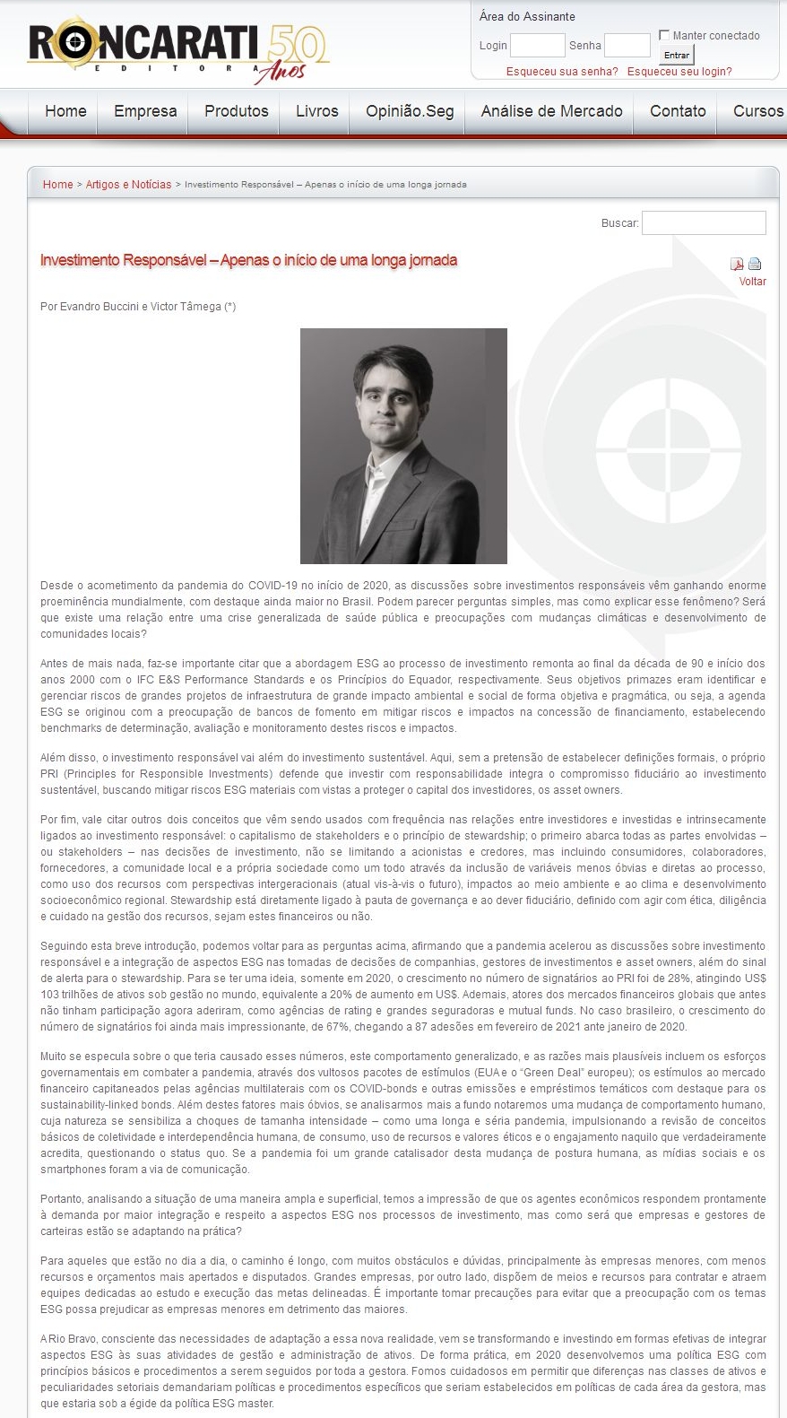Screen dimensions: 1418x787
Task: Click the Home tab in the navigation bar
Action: click(65, 111)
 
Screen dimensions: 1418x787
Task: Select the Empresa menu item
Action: click(145, 111)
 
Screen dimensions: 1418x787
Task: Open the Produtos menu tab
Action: click(237, 111)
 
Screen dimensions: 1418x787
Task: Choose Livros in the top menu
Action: click(317, 111)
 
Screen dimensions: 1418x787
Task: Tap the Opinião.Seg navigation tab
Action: click(410, 111)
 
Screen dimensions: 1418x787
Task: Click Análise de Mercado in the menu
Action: click(551, 111)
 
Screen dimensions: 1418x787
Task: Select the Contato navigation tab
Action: click(678, 111)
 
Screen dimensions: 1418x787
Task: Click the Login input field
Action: click(537, 45)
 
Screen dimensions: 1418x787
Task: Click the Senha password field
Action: click(627, 45)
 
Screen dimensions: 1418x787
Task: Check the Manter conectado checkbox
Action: click(664, 35)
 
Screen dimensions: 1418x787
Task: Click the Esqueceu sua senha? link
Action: click(562, 72)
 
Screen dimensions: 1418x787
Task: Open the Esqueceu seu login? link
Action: click(679, 72)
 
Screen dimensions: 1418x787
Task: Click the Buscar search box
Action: click(704, 222)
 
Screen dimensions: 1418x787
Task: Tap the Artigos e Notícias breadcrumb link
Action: click(128, 185)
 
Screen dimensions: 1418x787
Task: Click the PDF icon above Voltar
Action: click(737, 264)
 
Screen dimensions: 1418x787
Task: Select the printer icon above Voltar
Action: click(755, 264)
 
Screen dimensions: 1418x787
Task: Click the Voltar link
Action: click(752, 282)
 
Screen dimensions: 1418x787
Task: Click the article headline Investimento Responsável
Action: click(248, 260)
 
